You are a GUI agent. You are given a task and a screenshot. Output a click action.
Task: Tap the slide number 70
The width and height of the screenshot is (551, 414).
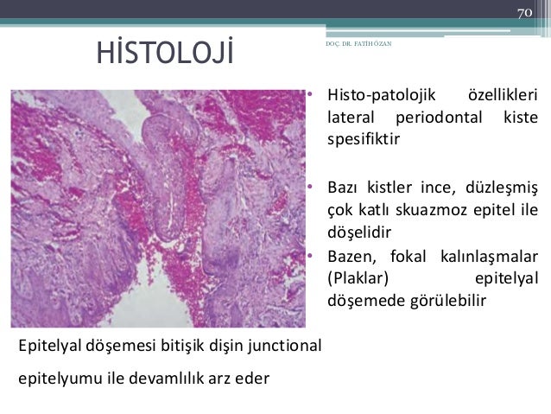click(x=524, y=12)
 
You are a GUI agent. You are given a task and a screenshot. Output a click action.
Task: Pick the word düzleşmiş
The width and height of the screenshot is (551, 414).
click(x=505, y=188)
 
